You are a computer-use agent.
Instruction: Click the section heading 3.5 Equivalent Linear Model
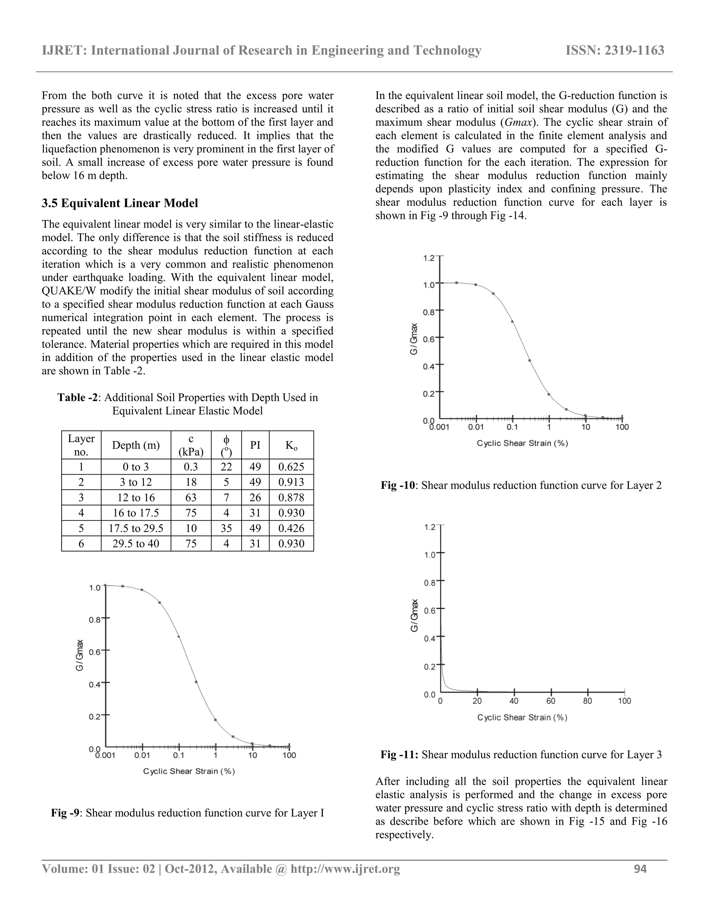point(120,203)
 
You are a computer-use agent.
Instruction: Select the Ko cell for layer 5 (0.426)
point(291,528)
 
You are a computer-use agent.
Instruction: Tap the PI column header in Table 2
point(255,445)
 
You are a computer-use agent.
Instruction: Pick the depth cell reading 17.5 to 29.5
point(136,528)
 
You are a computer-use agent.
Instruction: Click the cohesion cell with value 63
point(191,498)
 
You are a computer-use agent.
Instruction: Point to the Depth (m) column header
point(136,445)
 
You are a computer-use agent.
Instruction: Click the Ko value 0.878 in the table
point(291,498)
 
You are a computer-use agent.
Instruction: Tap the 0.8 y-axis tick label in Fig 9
point(95,620)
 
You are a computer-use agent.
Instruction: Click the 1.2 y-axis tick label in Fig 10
point(429,258)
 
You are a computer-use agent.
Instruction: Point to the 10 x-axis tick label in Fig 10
point(585,427)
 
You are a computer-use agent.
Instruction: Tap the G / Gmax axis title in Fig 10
point(414,339)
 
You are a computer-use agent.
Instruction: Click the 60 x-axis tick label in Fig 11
point(551,701)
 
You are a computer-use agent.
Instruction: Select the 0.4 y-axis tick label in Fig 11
point(429,639)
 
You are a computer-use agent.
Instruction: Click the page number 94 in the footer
point(640,869)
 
